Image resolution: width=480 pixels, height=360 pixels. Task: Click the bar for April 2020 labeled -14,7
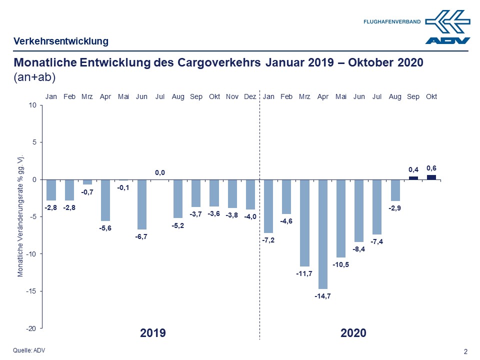click(323, 234)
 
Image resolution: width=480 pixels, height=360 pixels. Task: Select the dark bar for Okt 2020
click(431, 177)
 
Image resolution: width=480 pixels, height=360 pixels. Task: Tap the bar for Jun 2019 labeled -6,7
click(142, 204)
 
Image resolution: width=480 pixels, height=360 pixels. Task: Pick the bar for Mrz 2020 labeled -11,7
click(304, 223)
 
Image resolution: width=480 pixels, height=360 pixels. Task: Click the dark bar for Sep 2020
click(413, 177)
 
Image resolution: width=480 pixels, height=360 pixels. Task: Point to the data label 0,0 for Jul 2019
click(160, 173)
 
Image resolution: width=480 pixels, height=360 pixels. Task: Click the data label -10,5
click(341, 264)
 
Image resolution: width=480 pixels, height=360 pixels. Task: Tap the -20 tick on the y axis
click(31, 328)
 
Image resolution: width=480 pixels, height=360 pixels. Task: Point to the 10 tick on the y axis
click(32, 105)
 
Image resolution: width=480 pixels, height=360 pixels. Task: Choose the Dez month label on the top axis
click(250, 96)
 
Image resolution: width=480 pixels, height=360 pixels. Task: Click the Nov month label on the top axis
click(232, 96)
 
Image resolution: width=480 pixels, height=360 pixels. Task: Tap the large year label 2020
click(353, 333)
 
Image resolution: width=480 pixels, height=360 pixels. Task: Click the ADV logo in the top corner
click(448, 28)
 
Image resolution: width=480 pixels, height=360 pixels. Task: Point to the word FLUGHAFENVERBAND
click(392, 22)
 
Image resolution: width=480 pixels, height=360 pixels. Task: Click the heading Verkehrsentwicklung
click(60, 41)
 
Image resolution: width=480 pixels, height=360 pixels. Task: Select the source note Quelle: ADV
click(29, 350)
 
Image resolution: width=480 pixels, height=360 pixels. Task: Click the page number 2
click(465, 351)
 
